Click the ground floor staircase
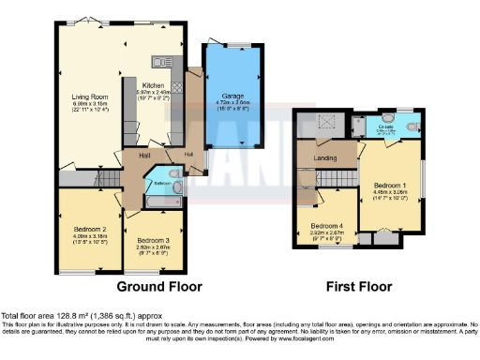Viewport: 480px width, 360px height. [103, 175]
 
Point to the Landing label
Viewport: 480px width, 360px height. [325, 157]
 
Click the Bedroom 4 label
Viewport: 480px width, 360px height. [328, 226]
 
